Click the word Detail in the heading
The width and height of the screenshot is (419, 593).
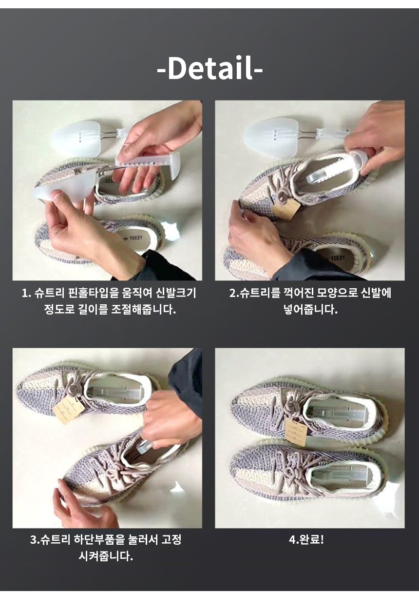[210, 68]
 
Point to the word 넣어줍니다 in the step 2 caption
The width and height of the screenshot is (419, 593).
[310, 309]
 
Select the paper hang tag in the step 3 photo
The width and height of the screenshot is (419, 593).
[69, 411]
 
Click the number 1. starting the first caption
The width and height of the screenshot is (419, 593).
[26, 294]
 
